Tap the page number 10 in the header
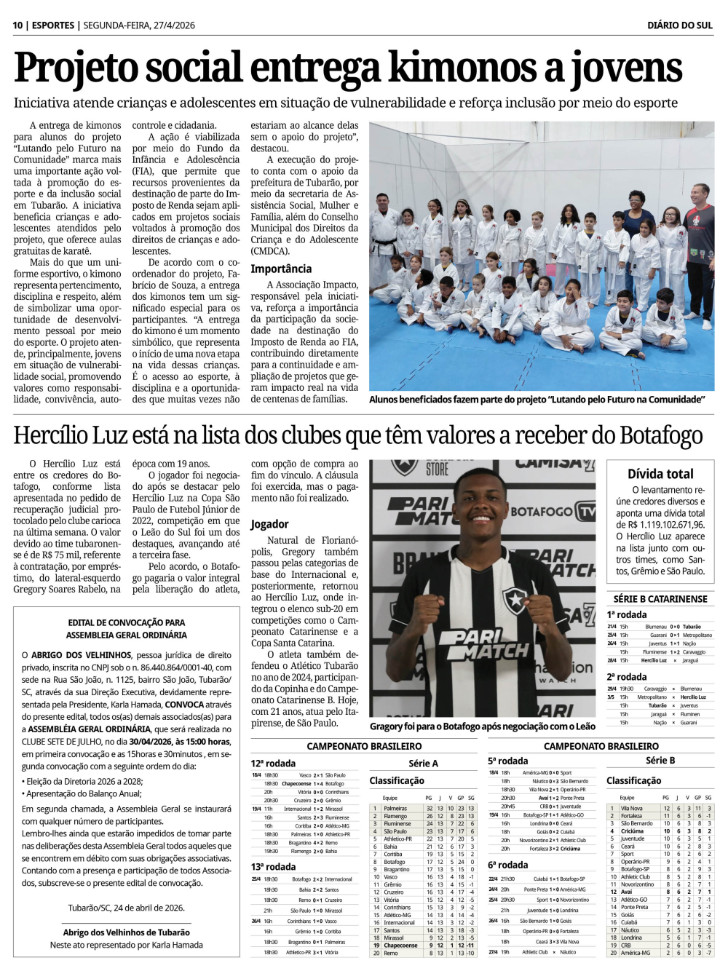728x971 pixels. click(x=17, y=25)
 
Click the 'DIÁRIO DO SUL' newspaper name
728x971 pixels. click(x=679, y=25)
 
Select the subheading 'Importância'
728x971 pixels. click(x=281, y=269)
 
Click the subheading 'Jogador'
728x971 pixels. click(x=269, y=524)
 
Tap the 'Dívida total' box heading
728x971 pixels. click(x=660, y=473)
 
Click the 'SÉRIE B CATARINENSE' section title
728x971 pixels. click(x=660, y=598)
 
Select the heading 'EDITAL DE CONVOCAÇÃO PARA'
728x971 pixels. click(x=127, y=622)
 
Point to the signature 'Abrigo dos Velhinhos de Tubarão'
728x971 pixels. click(x=127, y=932)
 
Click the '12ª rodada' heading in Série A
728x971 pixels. click(x=273, y=763)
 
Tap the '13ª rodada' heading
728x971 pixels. click(x=273, y=866)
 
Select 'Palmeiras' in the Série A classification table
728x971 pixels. click(x=395, y=808)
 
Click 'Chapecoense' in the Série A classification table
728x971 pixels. click(x=400, y=946)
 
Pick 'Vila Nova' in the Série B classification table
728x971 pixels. click(x=631, y=808)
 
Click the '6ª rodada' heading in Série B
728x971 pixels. click(x=508, y=865)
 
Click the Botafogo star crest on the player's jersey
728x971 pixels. click(x=515, y=600)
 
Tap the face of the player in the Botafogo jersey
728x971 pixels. click(x=480, y=510)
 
